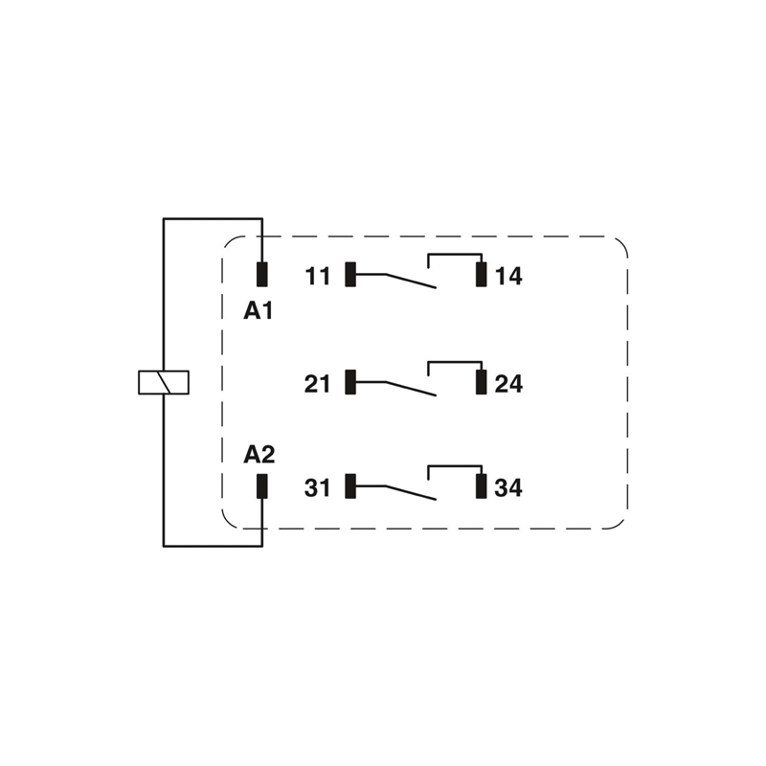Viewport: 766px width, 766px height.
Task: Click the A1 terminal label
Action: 259,310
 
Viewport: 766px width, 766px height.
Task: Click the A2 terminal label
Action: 259,454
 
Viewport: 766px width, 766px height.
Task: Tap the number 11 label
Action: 318,277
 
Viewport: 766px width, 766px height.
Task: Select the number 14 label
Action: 508,277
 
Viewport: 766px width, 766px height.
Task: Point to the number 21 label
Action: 318,384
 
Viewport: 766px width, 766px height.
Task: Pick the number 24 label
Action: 508,384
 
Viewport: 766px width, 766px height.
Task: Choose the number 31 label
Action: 318,488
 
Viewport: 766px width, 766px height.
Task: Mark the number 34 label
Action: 508,488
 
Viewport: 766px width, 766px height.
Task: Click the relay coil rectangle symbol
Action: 164,382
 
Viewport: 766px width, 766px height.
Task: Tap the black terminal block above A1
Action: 261,274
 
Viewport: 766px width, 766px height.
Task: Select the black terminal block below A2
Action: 261,485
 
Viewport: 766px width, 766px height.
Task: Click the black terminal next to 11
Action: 350,275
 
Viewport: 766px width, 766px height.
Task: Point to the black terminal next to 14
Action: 482,275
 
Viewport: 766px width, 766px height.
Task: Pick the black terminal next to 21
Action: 350,382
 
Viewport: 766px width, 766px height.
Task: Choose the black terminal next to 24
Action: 482,382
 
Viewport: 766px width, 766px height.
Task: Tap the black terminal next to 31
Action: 350,486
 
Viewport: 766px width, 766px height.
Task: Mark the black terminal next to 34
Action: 482,486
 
